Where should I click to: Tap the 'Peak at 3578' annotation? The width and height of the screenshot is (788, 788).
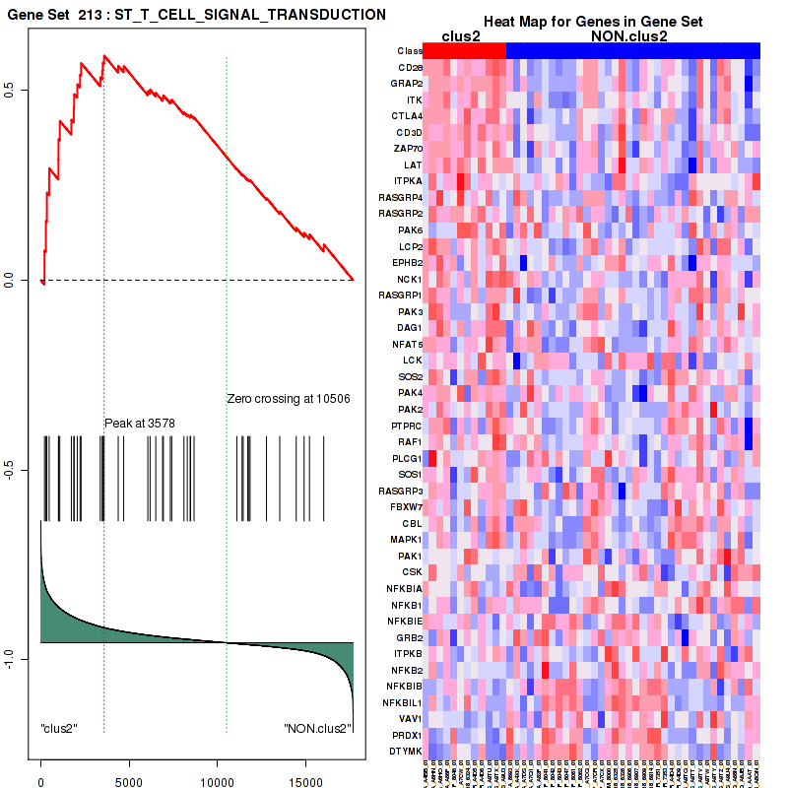tap(140, 424)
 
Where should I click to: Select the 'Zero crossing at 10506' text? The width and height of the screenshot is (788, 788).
tap(289, 399)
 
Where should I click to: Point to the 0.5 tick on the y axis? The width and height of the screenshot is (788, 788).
tap(21, 90)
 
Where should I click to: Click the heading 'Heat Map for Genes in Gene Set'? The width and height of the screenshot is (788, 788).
tap(591, 22)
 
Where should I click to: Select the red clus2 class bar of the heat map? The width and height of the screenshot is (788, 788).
tap(464, 50)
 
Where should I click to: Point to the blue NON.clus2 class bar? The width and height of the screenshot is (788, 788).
tap(632, 50)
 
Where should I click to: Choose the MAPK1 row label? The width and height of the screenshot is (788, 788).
tap(406, 539)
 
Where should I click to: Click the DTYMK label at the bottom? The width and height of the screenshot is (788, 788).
tap(406, 751)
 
